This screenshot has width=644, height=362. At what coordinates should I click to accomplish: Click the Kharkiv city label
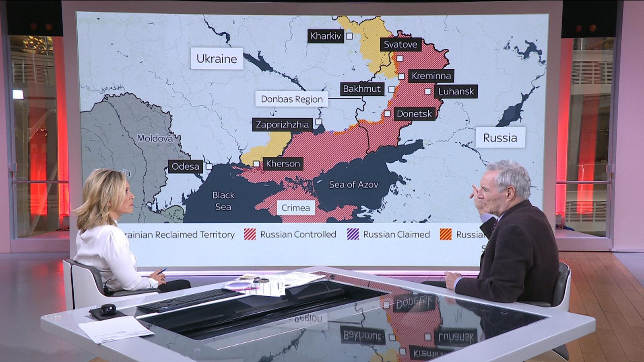coord(326,36)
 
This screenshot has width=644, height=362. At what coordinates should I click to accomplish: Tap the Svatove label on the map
coord(400,44)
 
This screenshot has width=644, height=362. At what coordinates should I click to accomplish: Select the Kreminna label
coord(431,76)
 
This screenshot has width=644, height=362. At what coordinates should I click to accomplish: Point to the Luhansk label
coord(456,91)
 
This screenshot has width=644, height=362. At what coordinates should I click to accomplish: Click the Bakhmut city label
coord(361,89)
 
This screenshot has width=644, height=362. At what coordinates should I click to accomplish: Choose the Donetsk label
coord(414,114)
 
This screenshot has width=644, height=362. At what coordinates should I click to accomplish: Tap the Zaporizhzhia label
coord(282,125)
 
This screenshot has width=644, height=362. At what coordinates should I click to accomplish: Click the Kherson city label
coord(283,164)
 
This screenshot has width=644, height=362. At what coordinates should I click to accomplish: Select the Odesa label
coord(185,166)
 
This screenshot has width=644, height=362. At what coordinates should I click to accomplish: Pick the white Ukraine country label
coord(217,59)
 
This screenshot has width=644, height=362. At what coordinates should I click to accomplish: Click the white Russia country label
coord(500,138)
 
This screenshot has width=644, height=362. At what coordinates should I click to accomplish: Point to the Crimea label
coord(295,208)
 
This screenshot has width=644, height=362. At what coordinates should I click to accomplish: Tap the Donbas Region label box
coord(291,99)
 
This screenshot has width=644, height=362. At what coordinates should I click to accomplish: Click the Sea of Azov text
coord(353,185)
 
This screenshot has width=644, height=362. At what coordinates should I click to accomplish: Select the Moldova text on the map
coord(155,138)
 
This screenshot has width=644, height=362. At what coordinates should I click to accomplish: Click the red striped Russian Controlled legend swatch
coord(250,234)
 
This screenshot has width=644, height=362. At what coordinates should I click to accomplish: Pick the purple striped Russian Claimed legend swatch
coord(353,234)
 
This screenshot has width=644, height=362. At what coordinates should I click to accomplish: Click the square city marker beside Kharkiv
coord(349,36)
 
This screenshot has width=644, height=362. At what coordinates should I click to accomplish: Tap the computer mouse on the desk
coord(108,309)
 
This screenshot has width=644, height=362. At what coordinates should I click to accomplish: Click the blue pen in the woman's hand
coord(163,271)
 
